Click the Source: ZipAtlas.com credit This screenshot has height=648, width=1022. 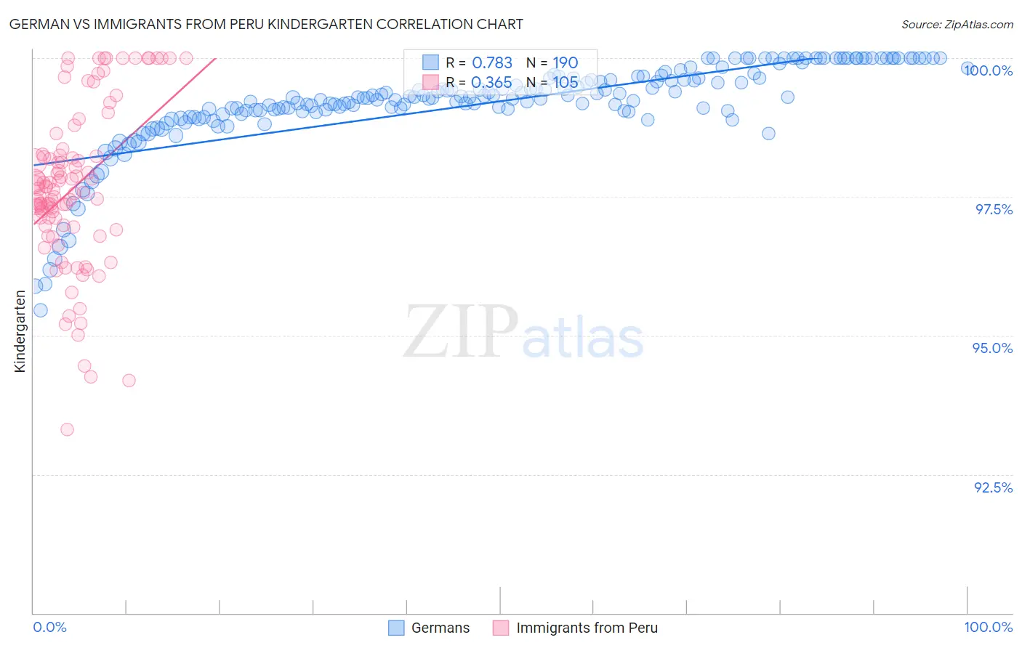point(957,25)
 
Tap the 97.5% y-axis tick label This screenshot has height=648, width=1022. point(994,209)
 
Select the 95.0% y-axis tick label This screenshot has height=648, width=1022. point(993,349)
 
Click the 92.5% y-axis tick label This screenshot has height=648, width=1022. point(993,487)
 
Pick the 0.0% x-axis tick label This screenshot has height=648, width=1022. point(49,627)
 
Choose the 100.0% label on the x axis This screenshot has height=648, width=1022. point(988,627)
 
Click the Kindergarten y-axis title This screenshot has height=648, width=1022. point(20,331)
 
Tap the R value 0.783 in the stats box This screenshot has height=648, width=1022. point(492,63)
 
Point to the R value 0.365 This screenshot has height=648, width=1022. point(491,83)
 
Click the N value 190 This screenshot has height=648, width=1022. point(565,63)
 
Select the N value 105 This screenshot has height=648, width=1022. point(565,83)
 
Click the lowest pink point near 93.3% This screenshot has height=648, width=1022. point(67,429)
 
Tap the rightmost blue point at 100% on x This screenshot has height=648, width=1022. point(967,68)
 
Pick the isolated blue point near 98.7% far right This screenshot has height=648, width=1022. point(768,134)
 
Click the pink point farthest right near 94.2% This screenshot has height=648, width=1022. point(129,381)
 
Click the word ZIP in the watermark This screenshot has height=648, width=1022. point(461,332)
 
